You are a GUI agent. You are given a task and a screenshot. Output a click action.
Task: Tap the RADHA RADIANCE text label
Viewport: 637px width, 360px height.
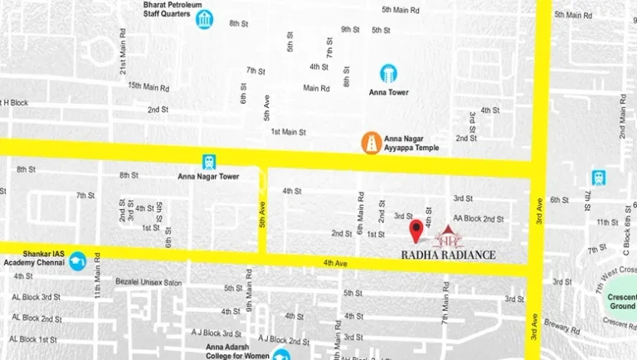pyautogui.click(x=448, y=255)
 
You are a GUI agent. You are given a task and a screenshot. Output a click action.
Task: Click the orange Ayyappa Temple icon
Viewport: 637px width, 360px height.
pyautogui.click(x=371, y=143)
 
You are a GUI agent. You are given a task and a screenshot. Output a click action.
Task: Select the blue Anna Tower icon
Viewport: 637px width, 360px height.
pyautogui.click(x=388, y=73)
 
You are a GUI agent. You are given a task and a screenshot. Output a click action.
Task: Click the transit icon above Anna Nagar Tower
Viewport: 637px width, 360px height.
pyautogui.click(x=209, y=162)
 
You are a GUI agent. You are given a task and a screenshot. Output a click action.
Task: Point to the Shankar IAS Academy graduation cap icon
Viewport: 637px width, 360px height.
pyautogui.click(x=78, y=260)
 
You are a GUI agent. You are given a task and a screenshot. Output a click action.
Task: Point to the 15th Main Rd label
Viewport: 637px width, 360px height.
pyautogui.click(x=148, y=87)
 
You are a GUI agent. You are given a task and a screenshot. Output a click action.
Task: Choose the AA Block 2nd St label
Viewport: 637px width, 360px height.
pyautogui.click(x=479, y=219)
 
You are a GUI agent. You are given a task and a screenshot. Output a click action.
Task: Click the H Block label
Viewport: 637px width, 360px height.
pyautogui.click(x=15, y=102)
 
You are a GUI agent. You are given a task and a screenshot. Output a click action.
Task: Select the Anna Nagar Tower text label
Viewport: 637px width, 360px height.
pyautogui.click(x=208, y=176)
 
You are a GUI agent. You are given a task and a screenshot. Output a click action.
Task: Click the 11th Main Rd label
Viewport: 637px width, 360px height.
pyautogui.click(x=97, y=280)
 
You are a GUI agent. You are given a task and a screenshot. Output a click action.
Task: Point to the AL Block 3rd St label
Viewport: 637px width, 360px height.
pyautogui.click(x=36, y=297)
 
